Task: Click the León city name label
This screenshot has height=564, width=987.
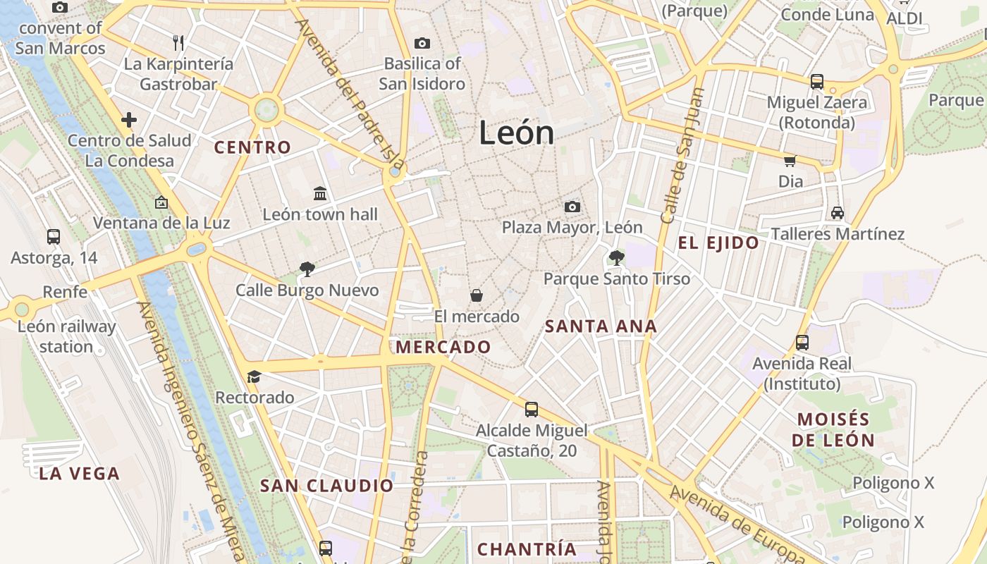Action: [516, 133]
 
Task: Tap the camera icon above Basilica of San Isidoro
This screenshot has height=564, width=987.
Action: [422, 44]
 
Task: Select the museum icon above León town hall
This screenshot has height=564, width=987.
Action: [320, 193]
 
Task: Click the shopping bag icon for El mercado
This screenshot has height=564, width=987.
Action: [477, 295]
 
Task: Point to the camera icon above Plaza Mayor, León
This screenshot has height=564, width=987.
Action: [572, 207]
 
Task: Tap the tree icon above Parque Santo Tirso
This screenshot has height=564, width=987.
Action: [616, 258]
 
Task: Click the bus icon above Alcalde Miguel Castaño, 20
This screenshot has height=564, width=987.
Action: [532, 409]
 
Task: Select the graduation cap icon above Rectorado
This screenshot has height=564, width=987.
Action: [254, 376]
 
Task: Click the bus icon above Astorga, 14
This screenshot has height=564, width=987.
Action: [54, 237]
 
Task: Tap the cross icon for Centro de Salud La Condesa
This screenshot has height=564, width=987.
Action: [129, 120]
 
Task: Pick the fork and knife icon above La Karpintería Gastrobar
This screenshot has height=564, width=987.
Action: [178, 43]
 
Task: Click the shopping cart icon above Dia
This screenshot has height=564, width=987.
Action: [790, 161]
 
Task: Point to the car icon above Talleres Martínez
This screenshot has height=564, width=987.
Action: [837, 212]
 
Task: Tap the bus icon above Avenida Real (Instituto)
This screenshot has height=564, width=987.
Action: [802, 343]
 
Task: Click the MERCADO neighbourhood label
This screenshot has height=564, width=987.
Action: [443, 347]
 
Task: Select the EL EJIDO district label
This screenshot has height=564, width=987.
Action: [718, 243]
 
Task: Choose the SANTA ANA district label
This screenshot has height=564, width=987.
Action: [601, 326]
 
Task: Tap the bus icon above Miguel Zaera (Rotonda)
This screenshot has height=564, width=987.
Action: [816, 82]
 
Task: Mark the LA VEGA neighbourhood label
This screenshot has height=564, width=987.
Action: [79, 474]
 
